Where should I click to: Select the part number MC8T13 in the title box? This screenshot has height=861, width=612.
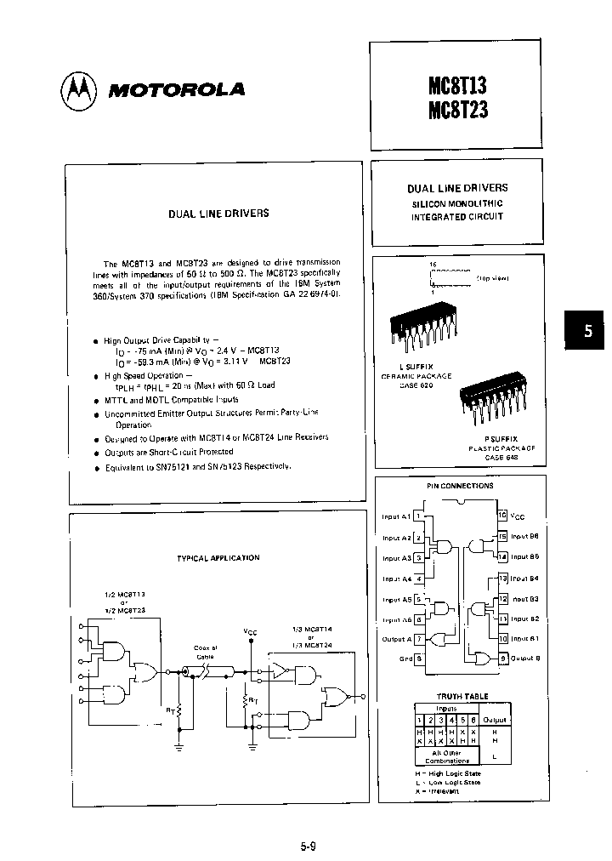(458, 85)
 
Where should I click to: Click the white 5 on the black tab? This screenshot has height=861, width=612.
(586, 333)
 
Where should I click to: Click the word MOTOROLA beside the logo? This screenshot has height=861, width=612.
(175, 90)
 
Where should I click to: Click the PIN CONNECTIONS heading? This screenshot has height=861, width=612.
(460, 486)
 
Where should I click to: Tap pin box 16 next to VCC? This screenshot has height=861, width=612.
(502, 515)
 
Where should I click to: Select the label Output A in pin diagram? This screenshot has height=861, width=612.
(397, 639)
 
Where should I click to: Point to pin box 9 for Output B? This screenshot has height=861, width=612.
(502, 658)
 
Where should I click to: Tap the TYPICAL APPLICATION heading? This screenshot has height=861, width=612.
(218, 557)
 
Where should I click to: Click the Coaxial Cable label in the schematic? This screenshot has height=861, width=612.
(206, 651)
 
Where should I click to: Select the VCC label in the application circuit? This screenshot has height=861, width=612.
(250, 631)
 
